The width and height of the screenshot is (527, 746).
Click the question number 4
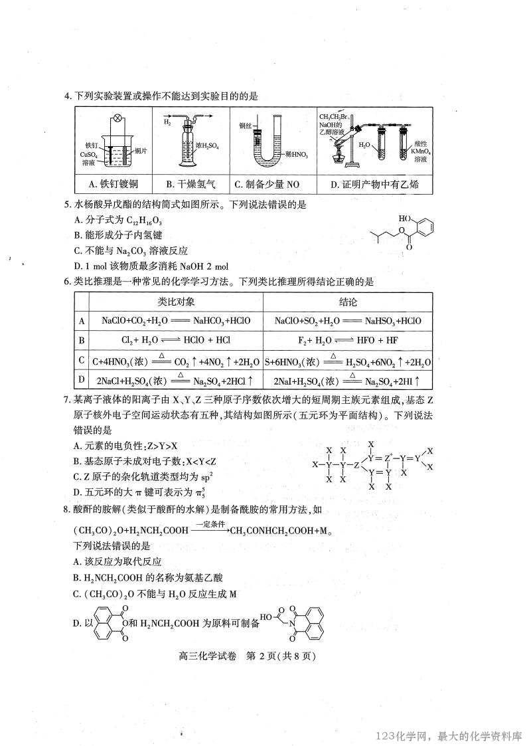click(x=67, y=96)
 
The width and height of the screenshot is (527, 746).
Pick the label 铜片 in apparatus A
click(x=141, y=151)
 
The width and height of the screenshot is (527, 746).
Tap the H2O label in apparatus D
click(x=364, y=145)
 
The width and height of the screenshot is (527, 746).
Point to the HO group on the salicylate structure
click(x=405, y=218)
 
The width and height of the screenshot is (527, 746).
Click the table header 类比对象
click(x=176, y=302)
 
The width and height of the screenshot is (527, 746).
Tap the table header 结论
click(x=348, y=302)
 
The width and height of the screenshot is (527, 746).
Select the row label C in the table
click(x=82, y=361)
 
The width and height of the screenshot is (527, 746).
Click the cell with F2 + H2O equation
click(x=348, y=340)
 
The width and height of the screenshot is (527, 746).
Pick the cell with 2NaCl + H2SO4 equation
click(x=176, y=381)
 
